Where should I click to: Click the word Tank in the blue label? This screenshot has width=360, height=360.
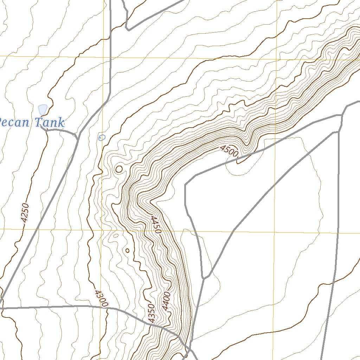[x=50, y=123]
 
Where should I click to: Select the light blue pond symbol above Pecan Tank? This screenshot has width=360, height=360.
[x=43, y=109]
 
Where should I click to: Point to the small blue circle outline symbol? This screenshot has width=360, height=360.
[x=102, y=137]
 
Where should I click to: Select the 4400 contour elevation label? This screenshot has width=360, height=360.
[x=166, y=301]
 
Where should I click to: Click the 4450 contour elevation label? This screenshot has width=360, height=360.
[x=156, y=225]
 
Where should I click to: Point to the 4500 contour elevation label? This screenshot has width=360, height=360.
[x=230, y=151]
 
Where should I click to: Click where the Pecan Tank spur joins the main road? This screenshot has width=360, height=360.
[x=77, y=137]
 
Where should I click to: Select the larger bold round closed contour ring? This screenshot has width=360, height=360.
[x=119, y=169]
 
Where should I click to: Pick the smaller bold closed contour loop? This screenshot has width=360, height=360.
[x=127, y=251]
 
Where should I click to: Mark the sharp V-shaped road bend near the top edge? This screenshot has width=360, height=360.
[x=128, y=30]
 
